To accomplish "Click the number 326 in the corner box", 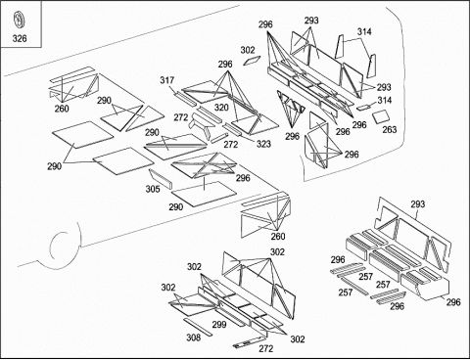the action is (20, 38).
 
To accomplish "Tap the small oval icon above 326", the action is (20, 20).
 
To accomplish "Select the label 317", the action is (166, 80).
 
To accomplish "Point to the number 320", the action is (221, 108).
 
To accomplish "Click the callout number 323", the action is (263, 144).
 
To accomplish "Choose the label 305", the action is (153, 189).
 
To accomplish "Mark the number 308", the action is (194, 337).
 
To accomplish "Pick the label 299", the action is (219, 325).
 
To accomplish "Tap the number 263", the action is (390, 129).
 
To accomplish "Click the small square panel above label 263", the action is (381, 116).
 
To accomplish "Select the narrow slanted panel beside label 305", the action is (161, 179).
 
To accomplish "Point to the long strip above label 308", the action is (198, 327).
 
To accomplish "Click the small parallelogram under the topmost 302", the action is (252, 61).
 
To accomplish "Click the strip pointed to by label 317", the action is (186, 99).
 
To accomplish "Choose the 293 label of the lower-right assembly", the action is (418, 204).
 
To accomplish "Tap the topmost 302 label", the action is (248, 50).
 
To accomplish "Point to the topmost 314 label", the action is (364, 31).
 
